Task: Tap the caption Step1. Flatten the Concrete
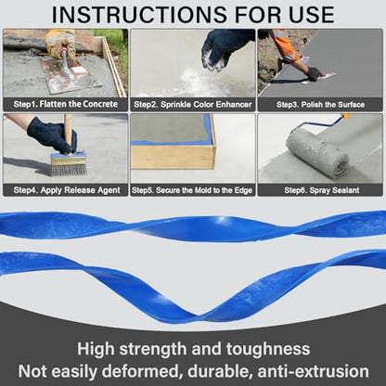pyautogui.click(x=66, y=104)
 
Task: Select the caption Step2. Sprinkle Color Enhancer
pyautogui.click(x=193, y=105)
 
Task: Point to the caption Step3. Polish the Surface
pyautogui.click(x=320, y=105)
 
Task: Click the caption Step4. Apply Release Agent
pyautogui.click(x=67, y=190)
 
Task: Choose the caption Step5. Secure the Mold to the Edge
pyautogui.click(x=192, y=190)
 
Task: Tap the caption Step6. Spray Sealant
pyautogui.click(x=322, y=190)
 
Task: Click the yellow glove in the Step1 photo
pyautogui.click(x=60, y=42)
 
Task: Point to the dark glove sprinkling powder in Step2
pyautogui.click(x=225, y=46)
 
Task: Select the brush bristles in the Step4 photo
pyautogui.click(x=69, y=170)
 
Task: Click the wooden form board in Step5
pyautogui.click(x=173, y=157)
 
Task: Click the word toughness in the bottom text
pyautogui.click(x=268, y=349)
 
